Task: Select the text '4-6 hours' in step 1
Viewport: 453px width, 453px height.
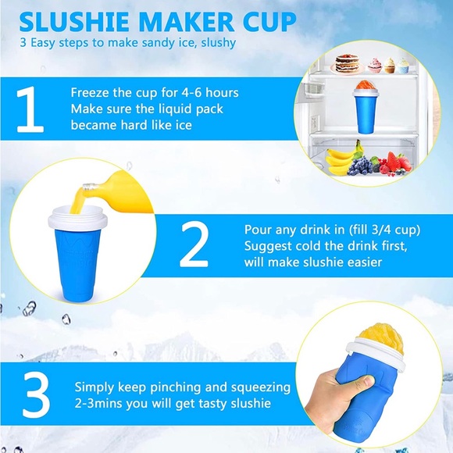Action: pyautogui.click(x=211, y=93)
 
